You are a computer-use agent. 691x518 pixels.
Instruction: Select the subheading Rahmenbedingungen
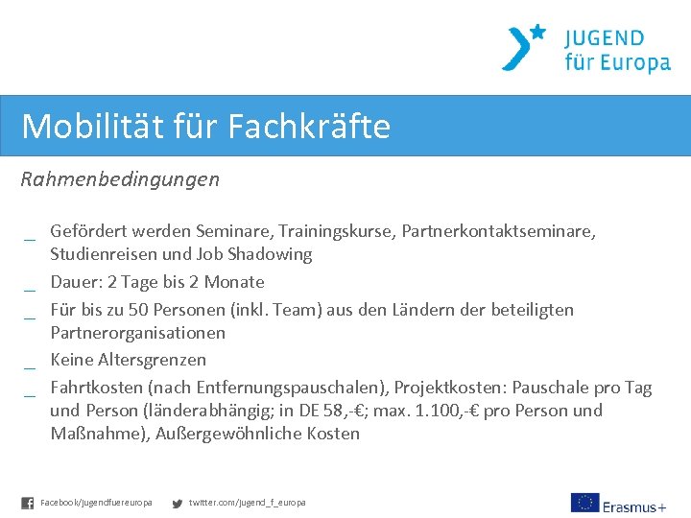pyautogui.click(x=120, y=179)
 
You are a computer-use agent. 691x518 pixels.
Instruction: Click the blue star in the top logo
pyautogui.click(x=537, y=32)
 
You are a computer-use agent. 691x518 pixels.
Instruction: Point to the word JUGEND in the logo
pyautogui.click(x=604, y=39)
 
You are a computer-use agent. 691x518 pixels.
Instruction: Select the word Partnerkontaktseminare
pyautogui.click(x=498, y=231)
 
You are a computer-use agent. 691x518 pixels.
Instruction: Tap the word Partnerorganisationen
pyautogui.click(x=138, y=333)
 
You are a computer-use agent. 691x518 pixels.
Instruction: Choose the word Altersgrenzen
pyautogui.click(x=152, y=360)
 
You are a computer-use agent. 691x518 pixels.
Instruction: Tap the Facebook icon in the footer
pyautogui.click(x=27, y=503)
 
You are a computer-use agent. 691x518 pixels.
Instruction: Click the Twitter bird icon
pyautogui.click(x=177, y=503)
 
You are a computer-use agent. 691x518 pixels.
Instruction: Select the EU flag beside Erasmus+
pyautogui.click(x=584, y=503)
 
